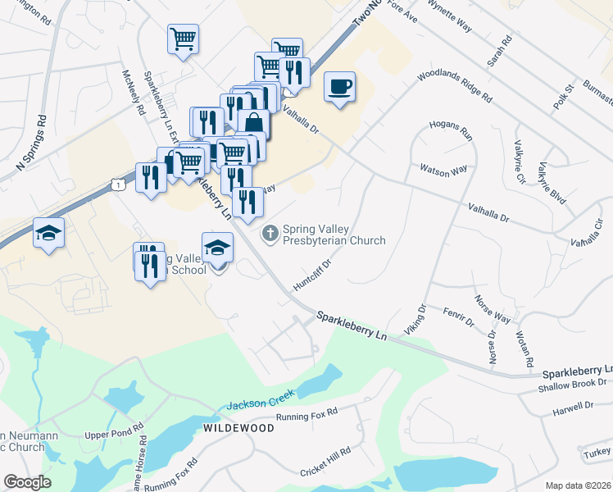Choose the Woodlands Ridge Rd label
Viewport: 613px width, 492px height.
(454, 85)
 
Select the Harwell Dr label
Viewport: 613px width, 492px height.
(573, 405)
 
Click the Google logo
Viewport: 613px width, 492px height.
(27, 482)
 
